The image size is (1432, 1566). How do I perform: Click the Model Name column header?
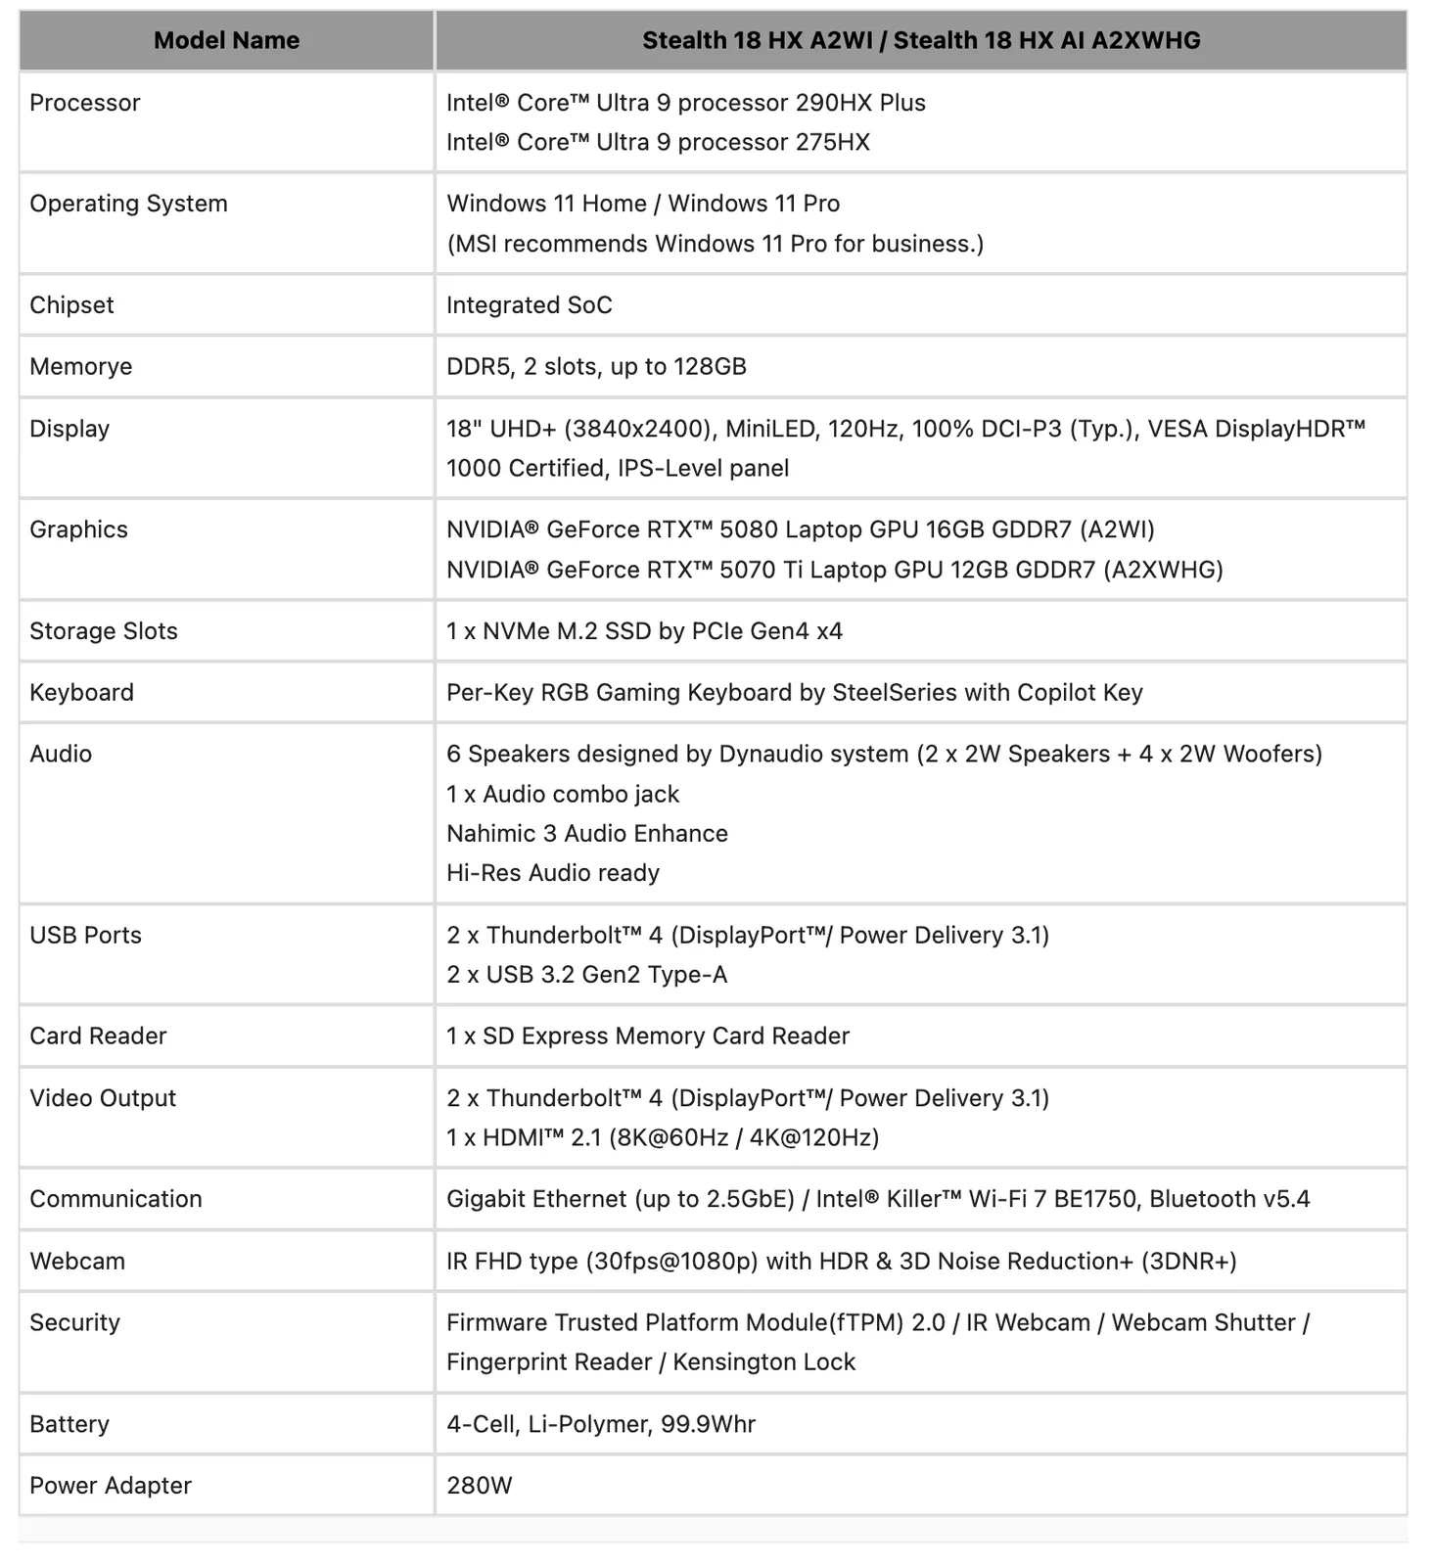(226, 40)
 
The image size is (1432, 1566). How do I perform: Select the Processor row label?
(85, 103)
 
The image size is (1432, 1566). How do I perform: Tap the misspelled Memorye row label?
(81, 366)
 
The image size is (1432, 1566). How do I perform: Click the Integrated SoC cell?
(529, 305)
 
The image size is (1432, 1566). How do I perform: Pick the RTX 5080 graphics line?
(800, 530)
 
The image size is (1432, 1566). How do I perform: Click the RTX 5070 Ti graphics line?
(834, 570)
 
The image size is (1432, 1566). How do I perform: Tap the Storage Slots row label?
(104, 631)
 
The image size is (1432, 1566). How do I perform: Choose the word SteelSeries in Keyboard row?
(895, 693)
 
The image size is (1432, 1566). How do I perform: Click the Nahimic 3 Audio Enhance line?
(587, 833)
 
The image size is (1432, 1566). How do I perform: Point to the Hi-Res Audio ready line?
(553, 873)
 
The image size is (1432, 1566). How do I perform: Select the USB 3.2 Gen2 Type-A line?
(587, 975)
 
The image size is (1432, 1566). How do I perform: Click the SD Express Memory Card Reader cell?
(648, 1036)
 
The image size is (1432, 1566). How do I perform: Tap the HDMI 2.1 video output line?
(663, 1137)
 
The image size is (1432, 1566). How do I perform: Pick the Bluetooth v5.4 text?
(1229, 1199)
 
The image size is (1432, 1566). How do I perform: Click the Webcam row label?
(77, 1261)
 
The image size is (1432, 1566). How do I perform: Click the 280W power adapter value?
(480, 1486)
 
